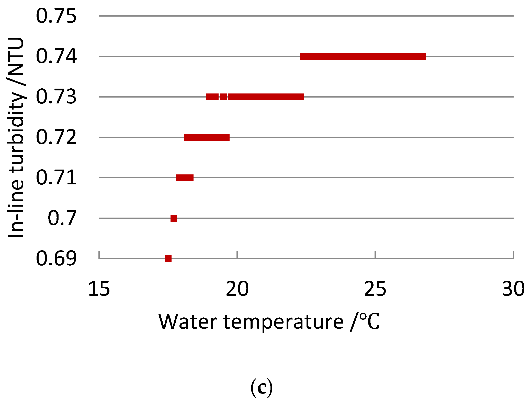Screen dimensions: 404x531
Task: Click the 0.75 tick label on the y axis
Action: [x=56, y=16]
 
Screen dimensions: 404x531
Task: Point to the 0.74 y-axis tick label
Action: [x=56, y=56]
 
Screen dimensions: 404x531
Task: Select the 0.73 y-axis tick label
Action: [x=56, y=97]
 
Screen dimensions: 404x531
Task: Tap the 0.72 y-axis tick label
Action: [x=56, y=137]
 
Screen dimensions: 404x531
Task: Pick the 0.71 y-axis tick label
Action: [x=56, y=177]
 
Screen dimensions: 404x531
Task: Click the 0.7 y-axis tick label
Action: [x=62, y=218]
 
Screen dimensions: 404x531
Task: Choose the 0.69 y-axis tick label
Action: [x=56, y=258]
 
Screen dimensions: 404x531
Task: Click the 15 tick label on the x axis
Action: [x=99, y=289]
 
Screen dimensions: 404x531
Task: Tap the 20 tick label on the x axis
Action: [x=237, y=289]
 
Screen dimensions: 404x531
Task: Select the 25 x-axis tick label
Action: [x=375, y=289]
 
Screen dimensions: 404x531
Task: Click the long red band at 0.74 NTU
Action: [x=363, y=56]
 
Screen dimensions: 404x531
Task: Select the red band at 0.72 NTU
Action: [x=207, y=137]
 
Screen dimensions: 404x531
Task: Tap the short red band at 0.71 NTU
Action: [x=185, y=178]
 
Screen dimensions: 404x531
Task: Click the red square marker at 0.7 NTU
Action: [x=174, y=218]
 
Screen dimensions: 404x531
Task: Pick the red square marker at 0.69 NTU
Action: [x=168, y=259]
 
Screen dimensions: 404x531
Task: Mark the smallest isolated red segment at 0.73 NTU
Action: [x=223, y=97]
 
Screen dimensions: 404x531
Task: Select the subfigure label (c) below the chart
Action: [x=262, y=388]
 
